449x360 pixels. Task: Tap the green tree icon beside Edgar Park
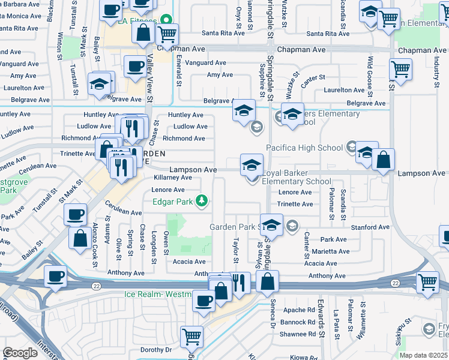coord(203,201)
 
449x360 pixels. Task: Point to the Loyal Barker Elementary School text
coord(297,176)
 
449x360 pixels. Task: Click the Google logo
coord(20,352)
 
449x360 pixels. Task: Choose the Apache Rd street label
coord(299,310)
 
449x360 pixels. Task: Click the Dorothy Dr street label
coord(156,349)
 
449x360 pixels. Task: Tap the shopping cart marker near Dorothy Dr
coord(191,338)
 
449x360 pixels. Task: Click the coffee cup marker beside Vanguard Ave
coord(135,66)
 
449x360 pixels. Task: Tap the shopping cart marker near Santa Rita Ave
coord(166,34)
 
